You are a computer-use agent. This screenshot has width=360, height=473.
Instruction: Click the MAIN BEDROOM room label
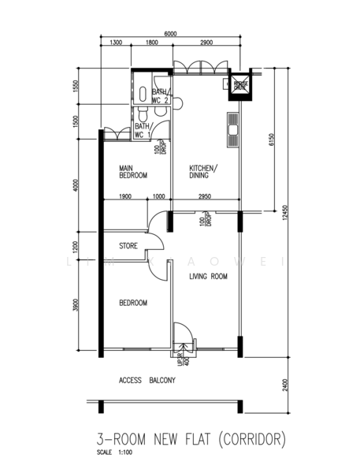click(x=133, y=172)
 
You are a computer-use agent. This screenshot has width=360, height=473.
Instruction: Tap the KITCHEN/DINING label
click(x=203, y=172)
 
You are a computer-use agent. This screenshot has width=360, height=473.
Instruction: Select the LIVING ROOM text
click(x=208, y=276)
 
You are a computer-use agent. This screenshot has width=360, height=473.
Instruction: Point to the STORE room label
click(x=128, y=246)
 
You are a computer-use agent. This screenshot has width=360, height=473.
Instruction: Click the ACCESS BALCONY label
click(x=147, y=380)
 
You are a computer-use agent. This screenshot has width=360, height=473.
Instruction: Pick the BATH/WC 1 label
click(x=143, y=130)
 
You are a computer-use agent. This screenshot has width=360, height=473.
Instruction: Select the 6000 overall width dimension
click(x=171, y=34)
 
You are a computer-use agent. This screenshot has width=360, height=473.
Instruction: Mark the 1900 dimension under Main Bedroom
click(x=125, y=196)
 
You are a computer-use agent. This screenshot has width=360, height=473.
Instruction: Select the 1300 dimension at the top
click(x=116, y=43)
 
